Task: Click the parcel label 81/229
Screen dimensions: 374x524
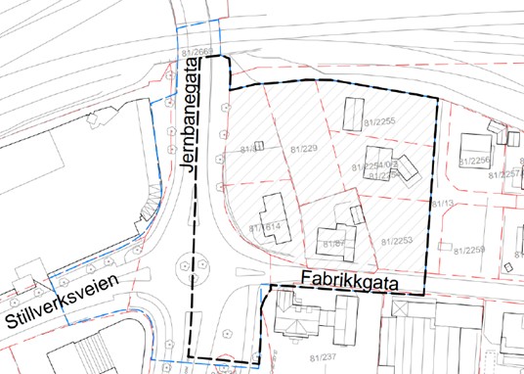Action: [x=305, y=149]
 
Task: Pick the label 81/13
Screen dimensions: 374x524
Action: [x=444, y=203]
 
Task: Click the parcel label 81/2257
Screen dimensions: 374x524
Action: [x=508, y=174]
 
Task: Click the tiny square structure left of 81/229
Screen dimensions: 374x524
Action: [x=261, y=147]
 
